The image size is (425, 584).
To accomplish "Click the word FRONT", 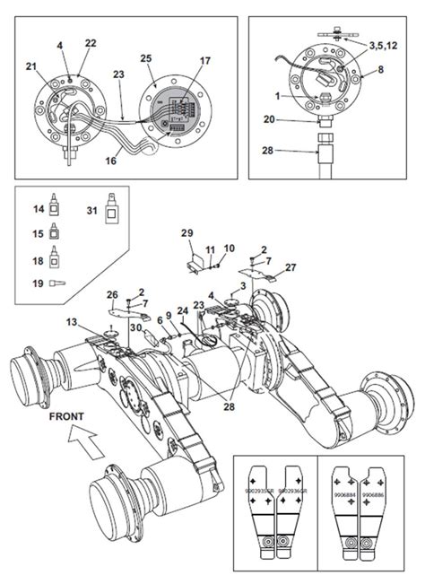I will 66,416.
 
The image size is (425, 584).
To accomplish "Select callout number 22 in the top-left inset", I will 90,43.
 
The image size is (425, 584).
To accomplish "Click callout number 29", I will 186,233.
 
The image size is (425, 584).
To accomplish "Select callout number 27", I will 290,267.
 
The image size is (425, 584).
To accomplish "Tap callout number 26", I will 112,293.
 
